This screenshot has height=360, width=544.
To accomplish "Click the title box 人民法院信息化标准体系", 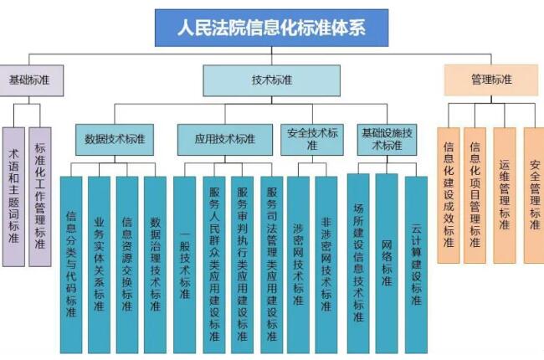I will pos(272,28).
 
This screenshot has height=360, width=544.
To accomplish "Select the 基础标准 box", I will pos(30,80).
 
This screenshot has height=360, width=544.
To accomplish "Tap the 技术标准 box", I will pos(271,80).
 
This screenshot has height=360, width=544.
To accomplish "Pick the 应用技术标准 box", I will pos(224,139).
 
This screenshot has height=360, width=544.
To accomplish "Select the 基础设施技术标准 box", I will pos(387,139).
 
